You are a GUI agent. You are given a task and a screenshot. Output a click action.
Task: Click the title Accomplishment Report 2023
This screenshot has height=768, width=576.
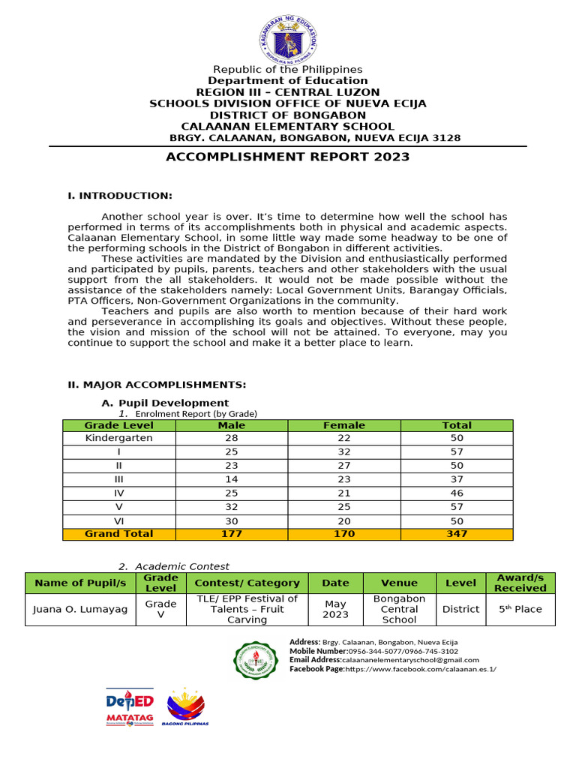288,157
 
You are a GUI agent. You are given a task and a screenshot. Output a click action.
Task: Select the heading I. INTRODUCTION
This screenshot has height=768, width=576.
120,196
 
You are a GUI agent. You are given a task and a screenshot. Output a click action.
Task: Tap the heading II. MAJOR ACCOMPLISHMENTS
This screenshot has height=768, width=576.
157,385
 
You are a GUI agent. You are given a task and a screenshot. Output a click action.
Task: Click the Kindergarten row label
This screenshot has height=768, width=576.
119,438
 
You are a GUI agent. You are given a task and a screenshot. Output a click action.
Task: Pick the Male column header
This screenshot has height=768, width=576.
232,425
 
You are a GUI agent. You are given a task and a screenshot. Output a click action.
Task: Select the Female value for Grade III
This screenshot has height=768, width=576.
344,479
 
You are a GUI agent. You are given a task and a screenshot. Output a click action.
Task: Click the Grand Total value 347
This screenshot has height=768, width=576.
457,534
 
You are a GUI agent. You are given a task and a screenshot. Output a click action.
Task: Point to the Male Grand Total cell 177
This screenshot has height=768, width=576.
232,534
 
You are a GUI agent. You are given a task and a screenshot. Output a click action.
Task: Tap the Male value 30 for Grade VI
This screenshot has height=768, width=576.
232,520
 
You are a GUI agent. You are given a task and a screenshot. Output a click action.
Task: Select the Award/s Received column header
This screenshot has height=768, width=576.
520,583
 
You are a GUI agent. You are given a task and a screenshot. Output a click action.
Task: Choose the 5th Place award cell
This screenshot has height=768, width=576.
520,610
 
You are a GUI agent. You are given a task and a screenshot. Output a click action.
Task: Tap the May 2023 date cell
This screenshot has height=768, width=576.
335,609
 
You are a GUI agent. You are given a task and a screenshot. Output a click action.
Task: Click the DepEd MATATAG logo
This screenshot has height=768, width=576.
129,707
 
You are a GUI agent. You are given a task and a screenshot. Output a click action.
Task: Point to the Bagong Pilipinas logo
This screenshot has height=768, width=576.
187,706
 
